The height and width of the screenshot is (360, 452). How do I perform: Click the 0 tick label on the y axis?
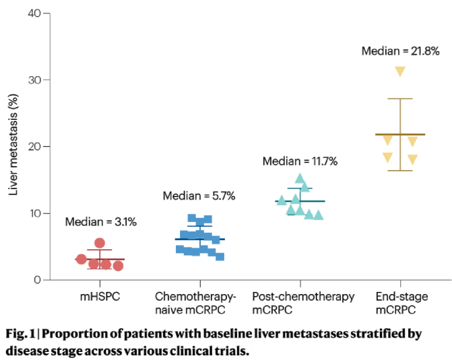point(36,279)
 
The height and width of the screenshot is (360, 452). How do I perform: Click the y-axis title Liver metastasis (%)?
point(13,147)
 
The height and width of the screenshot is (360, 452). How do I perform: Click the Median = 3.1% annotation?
point(100,222)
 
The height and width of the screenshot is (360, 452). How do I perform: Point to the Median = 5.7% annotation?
point(199,196)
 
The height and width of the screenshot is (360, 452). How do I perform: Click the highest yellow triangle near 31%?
point(399,71)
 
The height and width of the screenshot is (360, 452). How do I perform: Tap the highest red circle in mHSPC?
point(100,243)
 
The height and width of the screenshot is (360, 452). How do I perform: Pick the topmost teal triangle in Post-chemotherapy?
point(300,178)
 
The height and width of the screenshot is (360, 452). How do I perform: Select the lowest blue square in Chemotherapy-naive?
point(220,256)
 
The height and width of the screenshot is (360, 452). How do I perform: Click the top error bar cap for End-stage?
point(400,99)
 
